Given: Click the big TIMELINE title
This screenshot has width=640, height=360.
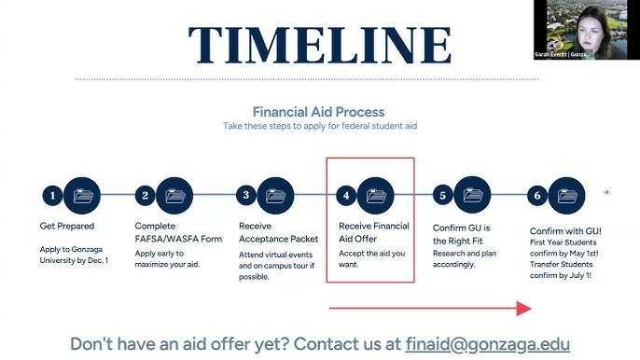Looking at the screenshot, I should (319, 45).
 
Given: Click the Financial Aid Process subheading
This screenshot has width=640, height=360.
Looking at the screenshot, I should (319, 112).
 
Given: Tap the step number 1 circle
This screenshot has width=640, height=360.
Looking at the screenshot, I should (53, 196).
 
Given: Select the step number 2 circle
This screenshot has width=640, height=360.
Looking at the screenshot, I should (145, 196).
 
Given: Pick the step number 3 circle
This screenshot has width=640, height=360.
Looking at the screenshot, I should (245, 196).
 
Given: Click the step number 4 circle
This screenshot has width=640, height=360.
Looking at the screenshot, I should (346, 196).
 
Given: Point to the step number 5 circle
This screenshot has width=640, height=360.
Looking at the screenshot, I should (444, 196).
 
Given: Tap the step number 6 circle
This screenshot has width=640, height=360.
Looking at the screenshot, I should (536, 196).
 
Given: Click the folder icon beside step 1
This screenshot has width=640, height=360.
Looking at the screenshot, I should (84, 196).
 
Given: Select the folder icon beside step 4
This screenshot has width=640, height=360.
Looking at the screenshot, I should (376, 196).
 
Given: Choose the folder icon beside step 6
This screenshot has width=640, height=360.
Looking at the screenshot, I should (567, 196).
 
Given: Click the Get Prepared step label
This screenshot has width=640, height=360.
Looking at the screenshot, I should (67, 227).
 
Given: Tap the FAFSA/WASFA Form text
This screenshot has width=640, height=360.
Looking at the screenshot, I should (178, 239).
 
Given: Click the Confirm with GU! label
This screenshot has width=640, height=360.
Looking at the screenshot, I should (565, 230).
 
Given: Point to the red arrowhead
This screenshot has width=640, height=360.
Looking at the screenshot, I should (523, 308).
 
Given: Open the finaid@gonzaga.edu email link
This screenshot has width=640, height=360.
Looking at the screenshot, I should (487, 343).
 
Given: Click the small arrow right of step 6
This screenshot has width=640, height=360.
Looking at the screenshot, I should (605, 192).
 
